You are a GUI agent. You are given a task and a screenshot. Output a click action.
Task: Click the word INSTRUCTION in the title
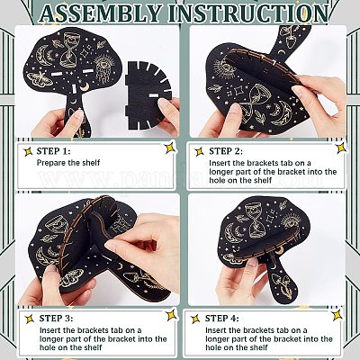[247, 13]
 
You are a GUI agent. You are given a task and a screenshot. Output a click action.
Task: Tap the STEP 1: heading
[53, 151]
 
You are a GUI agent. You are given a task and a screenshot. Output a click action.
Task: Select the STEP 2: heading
[226, 151]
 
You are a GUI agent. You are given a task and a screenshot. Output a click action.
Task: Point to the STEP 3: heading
[56, 319]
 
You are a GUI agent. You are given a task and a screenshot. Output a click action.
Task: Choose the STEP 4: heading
[222, 319]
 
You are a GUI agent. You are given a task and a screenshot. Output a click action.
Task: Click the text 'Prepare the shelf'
[68, 163]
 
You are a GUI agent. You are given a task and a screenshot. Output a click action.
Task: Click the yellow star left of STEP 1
[28, 152]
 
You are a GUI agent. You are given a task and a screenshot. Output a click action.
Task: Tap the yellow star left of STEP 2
[199, 152]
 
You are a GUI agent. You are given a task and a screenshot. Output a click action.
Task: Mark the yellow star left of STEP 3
[30, 319]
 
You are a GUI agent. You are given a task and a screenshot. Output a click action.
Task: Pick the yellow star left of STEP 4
[195, 319]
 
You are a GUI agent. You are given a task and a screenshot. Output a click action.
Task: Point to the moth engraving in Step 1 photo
[38, 79]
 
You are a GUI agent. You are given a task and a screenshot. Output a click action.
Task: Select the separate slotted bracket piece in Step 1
[148, 95]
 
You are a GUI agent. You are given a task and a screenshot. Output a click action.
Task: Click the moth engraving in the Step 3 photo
[72, 277]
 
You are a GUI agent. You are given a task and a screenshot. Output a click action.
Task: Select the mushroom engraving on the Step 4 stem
[284, 285]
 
